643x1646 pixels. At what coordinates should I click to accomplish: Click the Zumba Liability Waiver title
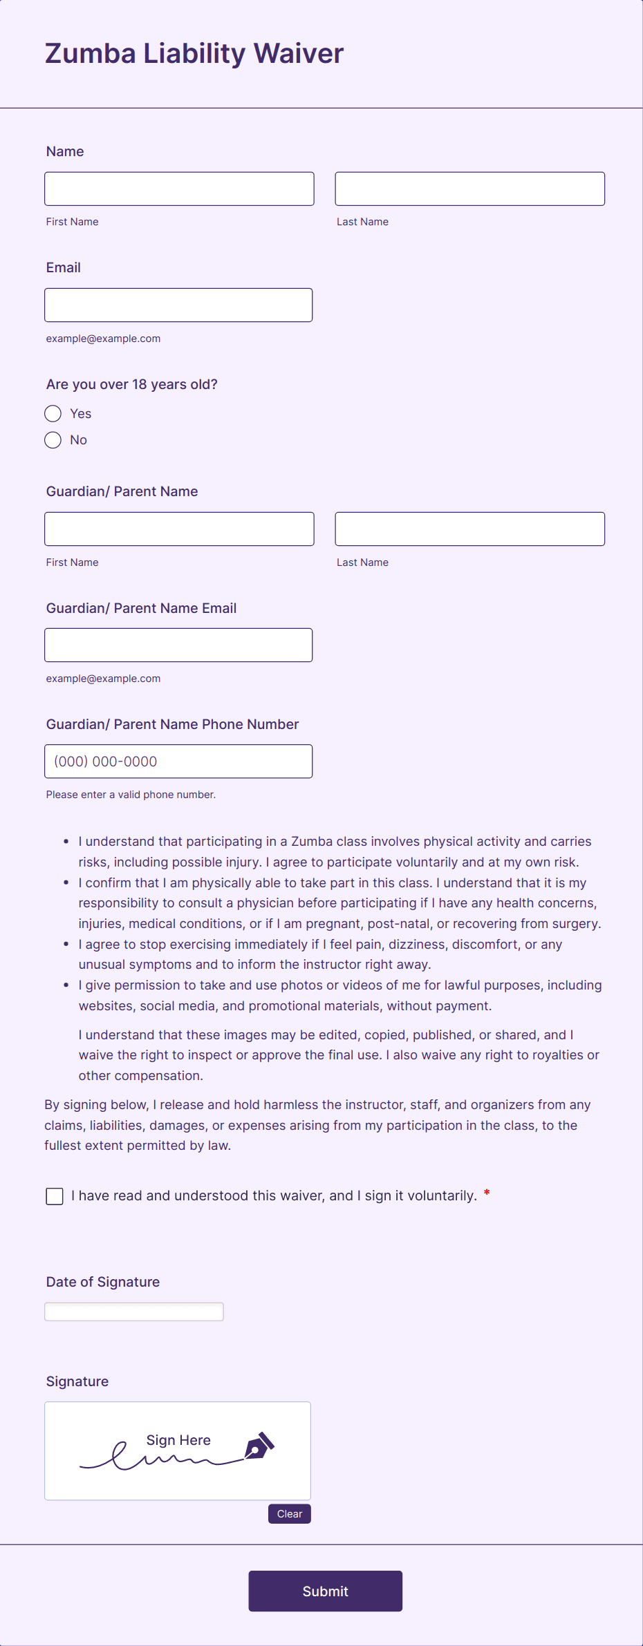click(x=194, y=54)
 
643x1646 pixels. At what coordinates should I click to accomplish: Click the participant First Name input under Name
click(x=179, y=189)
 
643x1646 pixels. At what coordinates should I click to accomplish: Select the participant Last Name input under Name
click(x=469, y=189)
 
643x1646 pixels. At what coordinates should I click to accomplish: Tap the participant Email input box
click(x=178, y=305)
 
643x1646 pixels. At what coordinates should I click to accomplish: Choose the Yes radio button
click(x=53, y=414)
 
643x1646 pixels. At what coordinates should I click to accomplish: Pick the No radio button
click(x=53, y=440)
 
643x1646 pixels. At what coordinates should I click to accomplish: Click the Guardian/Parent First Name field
click(x=179, y=529)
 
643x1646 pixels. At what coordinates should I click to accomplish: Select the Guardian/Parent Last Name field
click(x=469, y=529)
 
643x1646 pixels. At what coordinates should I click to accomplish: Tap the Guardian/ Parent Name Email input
click(x=178, y=645)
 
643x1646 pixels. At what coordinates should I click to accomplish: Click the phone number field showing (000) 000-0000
click(x=178, y=761)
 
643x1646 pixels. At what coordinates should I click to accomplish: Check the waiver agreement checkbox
click(x=55, y=1196)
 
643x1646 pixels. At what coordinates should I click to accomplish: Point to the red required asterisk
click(x=487, y=1193)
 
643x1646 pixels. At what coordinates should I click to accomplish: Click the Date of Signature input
click(x=134, y=1312)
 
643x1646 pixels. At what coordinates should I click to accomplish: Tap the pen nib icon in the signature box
click(x=259, y=1446)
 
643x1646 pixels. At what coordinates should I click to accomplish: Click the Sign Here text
click(x=178, y=1440)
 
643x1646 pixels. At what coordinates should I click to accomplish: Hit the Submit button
click(x=325, y=1591)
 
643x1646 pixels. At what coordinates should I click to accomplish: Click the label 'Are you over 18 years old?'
click(x=132, y=384)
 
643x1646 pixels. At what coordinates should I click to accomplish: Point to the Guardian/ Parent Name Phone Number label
click(x=172, y=724)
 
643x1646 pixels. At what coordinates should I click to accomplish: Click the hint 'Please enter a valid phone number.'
click(x=131, y=795)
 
